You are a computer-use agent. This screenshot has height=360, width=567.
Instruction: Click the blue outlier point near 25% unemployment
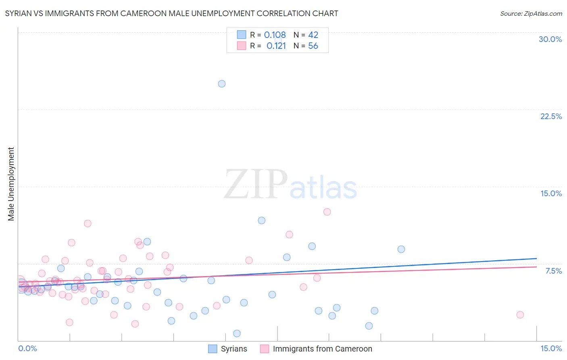tap(222, 84)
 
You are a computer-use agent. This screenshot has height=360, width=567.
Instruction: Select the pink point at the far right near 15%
tap(520, 315)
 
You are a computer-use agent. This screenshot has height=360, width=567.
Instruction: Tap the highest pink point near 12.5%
tap(327, 212)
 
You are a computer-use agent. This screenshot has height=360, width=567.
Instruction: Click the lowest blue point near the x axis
tap(237, 333)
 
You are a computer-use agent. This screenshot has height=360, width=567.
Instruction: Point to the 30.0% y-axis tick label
tap(550, 39)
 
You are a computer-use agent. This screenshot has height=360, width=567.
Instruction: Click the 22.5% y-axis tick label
tap(551, 116)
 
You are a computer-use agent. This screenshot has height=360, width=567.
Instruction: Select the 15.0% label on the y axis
tap(551, 193)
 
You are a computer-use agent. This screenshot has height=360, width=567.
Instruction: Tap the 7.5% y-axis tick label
tap(553, 271)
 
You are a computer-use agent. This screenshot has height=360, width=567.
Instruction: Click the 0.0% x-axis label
tap(28, 348)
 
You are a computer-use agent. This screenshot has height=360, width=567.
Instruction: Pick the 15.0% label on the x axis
tap(551, 348)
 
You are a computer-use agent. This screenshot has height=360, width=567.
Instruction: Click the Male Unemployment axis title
tap(11, 184)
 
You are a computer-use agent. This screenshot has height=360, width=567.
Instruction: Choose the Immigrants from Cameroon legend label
tap(322, 349)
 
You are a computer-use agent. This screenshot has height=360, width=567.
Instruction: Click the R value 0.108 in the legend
tap(275, 35)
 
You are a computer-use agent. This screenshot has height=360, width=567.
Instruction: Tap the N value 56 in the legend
tap(313, 46)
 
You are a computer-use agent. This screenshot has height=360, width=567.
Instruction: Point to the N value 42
tap(313, 35)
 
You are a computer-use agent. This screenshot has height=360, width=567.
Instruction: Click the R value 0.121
tap(276, 46)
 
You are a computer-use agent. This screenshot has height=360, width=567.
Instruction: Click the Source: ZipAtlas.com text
tap(531, 13)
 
